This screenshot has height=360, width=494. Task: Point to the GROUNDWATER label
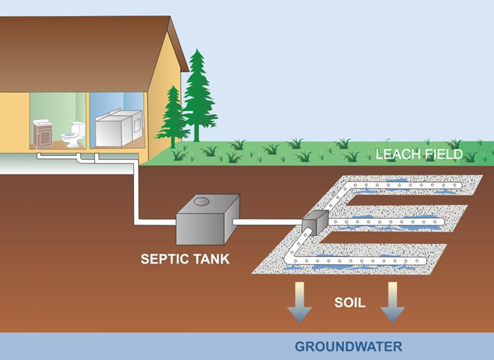348,346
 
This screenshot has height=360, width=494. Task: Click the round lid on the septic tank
201,201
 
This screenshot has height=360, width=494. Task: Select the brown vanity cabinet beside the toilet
43,133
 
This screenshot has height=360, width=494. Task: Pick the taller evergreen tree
197,96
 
